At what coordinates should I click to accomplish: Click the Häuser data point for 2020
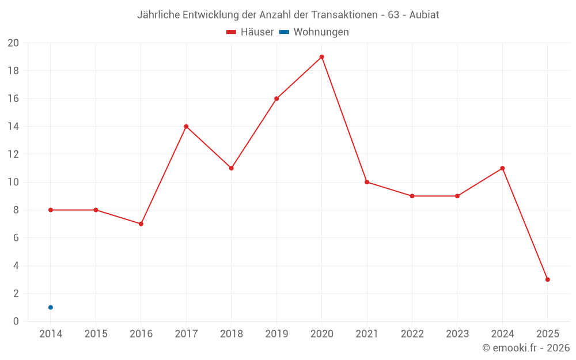point(321,57)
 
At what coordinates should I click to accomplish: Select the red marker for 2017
point(186,126)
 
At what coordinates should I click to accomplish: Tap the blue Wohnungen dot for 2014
point(51,307)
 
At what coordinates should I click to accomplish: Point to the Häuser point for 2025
point(547,279)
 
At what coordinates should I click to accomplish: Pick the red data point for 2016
point(141,223)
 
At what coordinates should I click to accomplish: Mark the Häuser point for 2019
point(276,98)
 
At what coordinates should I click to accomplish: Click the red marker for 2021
point(367,182)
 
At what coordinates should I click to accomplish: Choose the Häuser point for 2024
point(502,168)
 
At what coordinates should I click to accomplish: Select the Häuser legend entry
point(250,32)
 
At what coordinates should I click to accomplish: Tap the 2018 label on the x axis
point(231,334)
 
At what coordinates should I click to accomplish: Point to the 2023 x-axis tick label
point(457,334)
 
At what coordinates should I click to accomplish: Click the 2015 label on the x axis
point(96,334)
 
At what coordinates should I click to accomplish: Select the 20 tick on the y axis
point(13,43)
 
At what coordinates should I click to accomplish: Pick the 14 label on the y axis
point(13,127)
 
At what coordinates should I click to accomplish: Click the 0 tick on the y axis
point(16,321)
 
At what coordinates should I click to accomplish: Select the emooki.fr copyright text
point(526,348)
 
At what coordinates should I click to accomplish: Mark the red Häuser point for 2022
point(412,196)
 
